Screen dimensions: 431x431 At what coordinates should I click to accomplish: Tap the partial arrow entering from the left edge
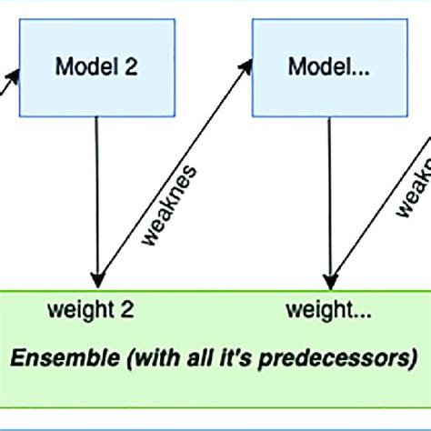click(x=7, y=76)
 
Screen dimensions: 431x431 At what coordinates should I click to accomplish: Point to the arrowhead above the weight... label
click(x=328, y=277)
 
